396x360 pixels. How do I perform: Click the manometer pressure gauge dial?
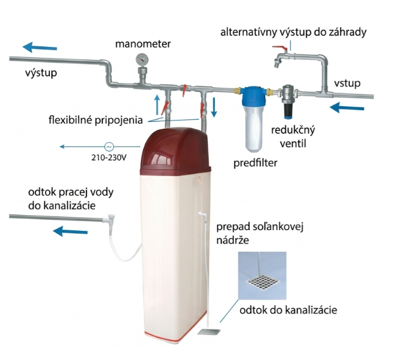tap(142, 59)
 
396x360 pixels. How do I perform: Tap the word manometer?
tap(143, 43)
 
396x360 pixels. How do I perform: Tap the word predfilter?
tap(255, 164)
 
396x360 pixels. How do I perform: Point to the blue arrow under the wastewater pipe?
tap(69, 231)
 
